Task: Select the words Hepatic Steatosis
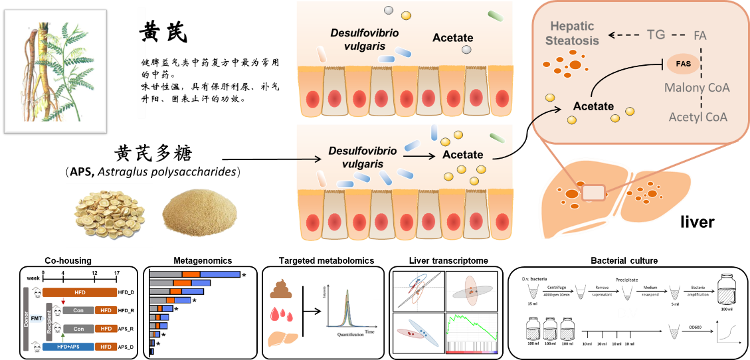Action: click(x=572, y=33)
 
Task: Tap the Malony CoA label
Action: click(x=696, y=87)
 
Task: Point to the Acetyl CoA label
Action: click(x=698, y=117)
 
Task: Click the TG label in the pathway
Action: click(x=656, y=35)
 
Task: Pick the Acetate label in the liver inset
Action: click(x=593, y=105)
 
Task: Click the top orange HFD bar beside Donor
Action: click(x=80, y=292)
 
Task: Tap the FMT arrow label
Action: click(x=37, y=319)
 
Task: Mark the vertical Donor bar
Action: click(x=27, y=318)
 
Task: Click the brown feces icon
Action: click(x=280, y=288)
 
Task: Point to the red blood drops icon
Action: click(x=280, y=314)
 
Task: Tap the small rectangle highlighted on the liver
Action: click(x=594, y=193)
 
